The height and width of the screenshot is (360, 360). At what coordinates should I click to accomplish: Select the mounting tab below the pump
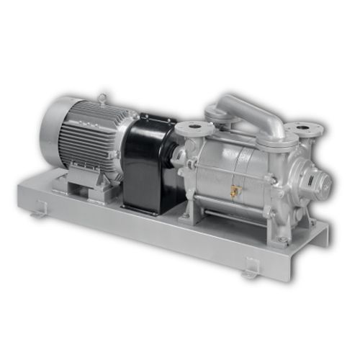pyautogui.click(x=251, y=267)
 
